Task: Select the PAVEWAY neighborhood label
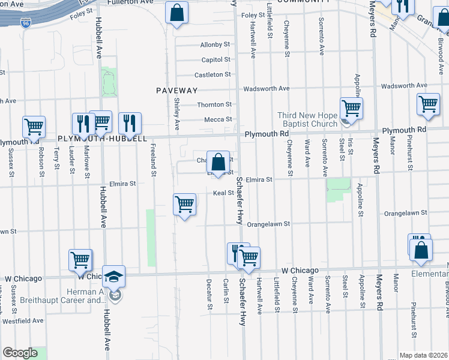pyautogui.click(x=176, y=90)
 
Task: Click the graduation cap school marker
pyautogui.click(x=113, y=277)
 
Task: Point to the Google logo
pyautogui.click(x=20, y=353)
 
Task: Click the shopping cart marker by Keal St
pyautogui.click(x=184, y=204)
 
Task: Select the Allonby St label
pyautogui.click(x=215, y=45)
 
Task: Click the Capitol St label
pyautogui.click(x=216, y=60)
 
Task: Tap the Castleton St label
pyautogui.click(x=212, y=75)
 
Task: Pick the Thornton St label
pyautogui.click(x=214, y=104)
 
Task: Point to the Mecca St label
pyautogui.click(x=218, y=119)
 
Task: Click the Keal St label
pyautogui.click(x=223, y=193)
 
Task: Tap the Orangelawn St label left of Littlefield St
pyautogui.click(x=269, y=224)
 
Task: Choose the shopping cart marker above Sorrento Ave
pyautogui.click(x=351, y=109)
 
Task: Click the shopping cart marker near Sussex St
pyautogui.click(x=34, y=127)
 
